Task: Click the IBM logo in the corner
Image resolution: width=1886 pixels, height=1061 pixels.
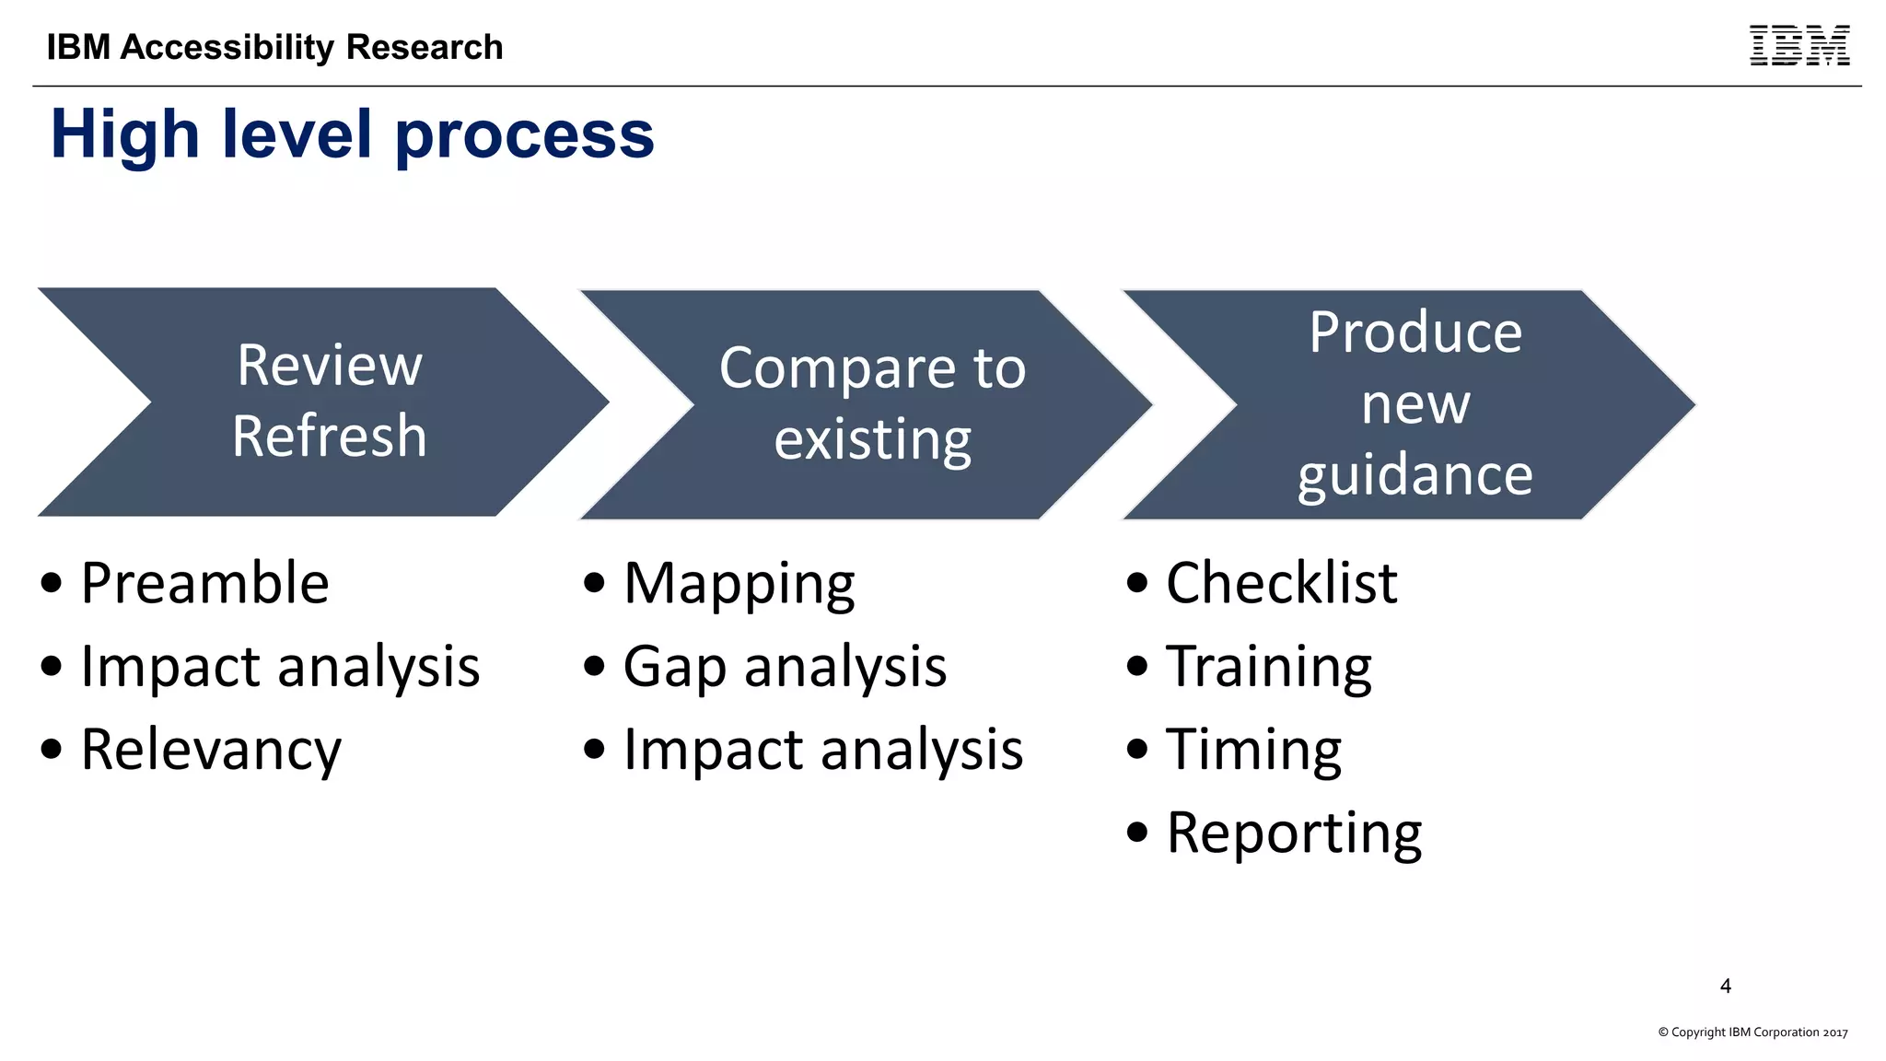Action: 1799,46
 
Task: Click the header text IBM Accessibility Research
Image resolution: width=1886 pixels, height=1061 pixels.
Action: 274,47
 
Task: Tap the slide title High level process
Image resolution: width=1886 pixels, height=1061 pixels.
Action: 352,134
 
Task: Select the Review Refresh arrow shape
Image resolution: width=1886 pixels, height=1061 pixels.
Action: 329,402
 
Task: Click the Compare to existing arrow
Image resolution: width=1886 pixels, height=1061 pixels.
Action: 871,403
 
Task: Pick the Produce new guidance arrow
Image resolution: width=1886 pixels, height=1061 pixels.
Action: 1414,403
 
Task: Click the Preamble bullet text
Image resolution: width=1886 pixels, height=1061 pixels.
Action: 204,583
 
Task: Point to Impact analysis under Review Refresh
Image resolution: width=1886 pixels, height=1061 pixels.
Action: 280,666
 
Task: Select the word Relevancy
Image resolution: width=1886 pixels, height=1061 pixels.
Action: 211,750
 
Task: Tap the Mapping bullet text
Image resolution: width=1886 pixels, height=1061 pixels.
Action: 739,583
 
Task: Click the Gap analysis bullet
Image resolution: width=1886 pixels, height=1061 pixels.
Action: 785,666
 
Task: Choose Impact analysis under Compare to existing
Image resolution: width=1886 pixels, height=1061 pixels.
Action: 822,750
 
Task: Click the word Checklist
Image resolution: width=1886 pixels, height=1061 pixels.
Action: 1281,583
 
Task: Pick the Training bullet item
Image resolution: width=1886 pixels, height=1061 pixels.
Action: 1268,666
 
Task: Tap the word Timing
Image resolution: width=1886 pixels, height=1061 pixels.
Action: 1253,750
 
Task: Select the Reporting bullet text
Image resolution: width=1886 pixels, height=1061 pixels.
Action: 1293,833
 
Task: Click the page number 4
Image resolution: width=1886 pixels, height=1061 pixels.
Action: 1725,986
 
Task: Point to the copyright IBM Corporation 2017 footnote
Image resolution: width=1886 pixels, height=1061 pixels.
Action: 1752,1032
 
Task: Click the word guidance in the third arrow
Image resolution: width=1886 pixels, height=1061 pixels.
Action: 1414,475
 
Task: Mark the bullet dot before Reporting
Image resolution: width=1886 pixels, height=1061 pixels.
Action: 1137,833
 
